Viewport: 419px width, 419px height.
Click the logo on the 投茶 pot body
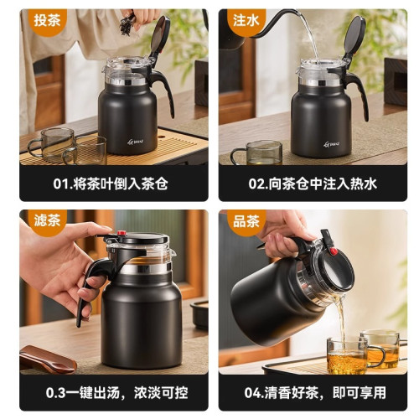(136, 143)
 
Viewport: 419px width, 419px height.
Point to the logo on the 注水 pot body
(332, 143)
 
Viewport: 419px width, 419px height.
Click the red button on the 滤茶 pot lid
(122, 234)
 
